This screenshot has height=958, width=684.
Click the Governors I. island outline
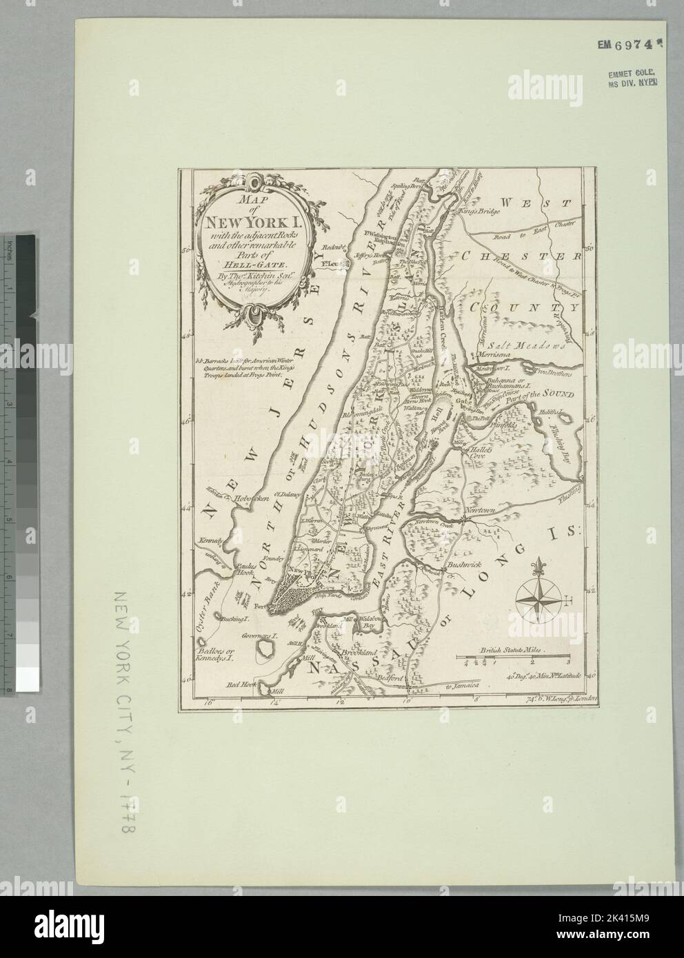[x=265, y=647]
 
